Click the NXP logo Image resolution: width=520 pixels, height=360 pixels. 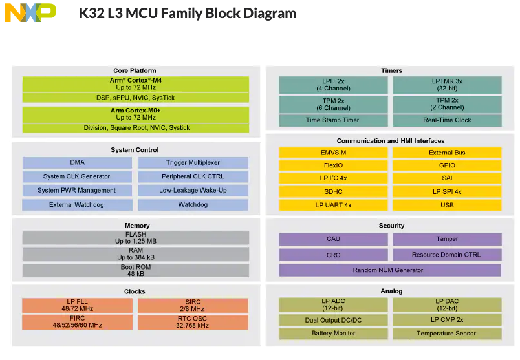click(30, 13)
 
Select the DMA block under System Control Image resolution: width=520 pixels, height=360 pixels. click(77, 163)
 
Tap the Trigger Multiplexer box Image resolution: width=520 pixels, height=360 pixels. click(193, 163)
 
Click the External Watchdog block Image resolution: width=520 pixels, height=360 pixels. click(77, 205)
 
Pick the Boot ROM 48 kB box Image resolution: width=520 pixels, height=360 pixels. click(136, 270)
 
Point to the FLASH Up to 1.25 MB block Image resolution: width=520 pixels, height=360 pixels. click(136, 238)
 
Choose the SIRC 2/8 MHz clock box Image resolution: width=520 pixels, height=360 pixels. click(193, 305)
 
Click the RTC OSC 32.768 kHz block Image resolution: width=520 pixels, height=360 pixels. click(193, 322)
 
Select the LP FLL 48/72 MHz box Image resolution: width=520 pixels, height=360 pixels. click(77, 305)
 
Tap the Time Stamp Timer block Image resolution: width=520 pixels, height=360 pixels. click(332, 120)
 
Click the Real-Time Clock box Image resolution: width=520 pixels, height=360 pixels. click(447, 120)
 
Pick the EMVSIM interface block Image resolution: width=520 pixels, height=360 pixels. click(332, 153)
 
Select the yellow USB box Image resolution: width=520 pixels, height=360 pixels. click(447, 206)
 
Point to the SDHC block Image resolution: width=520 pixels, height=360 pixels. click(332, 192)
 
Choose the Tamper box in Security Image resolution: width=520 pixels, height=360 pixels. click(447, 239)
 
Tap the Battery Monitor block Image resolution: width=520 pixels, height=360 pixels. click(332, 334)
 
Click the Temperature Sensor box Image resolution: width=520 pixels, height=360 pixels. click(447, 334)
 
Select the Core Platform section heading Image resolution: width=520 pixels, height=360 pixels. click(135, 70)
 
